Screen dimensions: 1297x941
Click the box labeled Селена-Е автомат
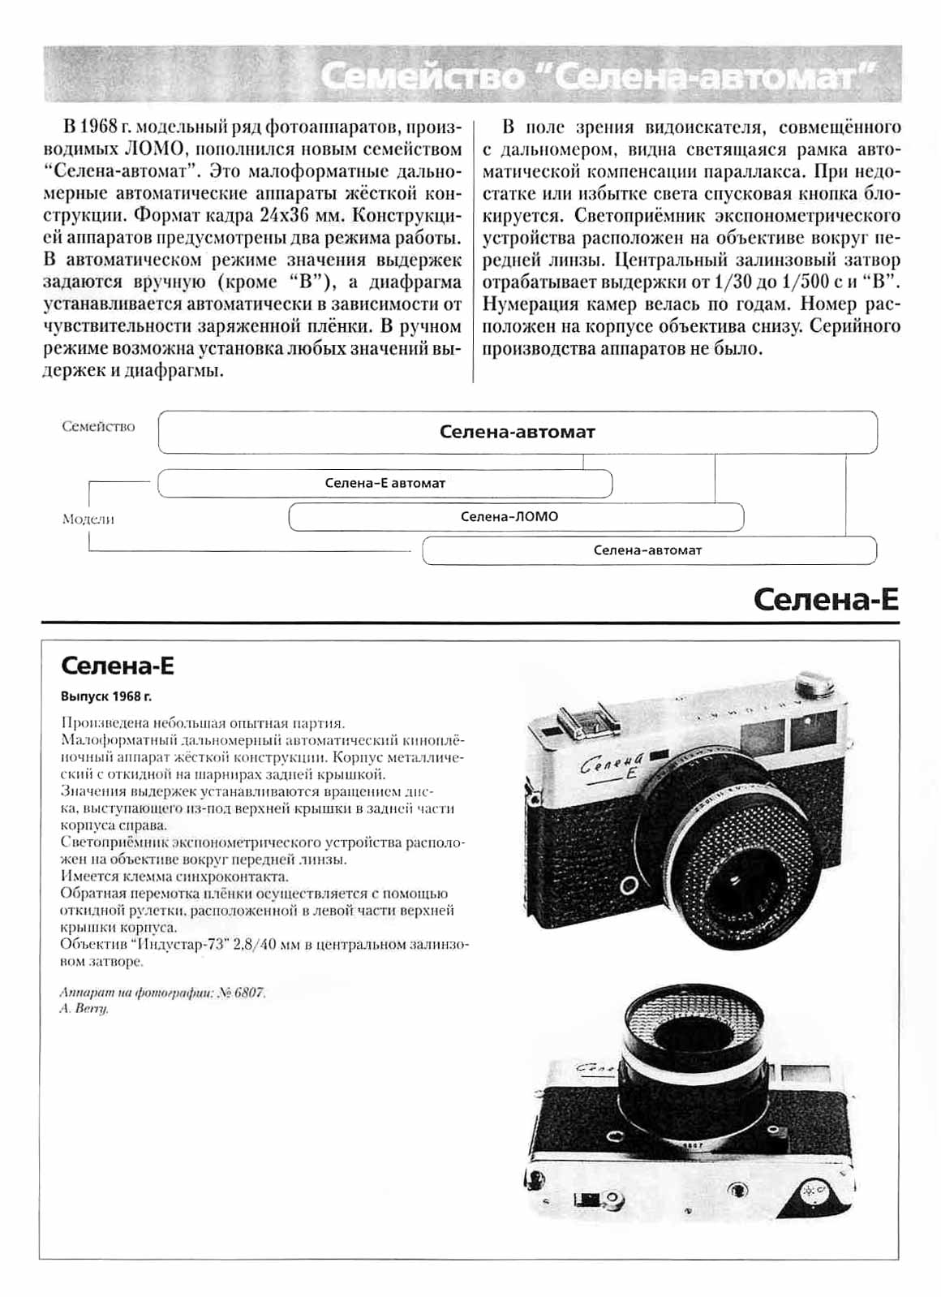385,483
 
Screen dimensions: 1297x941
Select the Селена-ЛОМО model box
509,516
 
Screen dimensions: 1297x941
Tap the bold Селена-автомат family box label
517,432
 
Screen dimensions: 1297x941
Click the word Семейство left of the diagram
98,426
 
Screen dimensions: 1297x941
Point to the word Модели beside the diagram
88,519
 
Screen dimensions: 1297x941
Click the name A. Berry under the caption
84,1009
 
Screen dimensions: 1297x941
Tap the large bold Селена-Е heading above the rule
826,600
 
